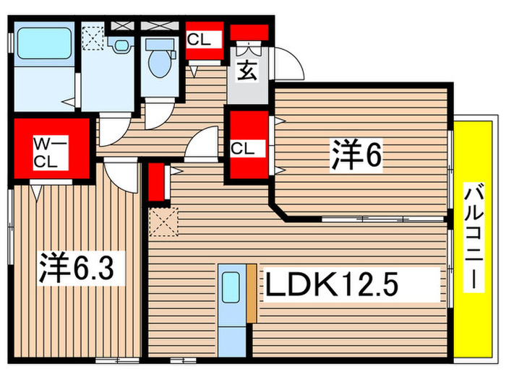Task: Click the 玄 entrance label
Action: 246,72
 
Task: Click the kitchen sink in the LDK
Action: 231,288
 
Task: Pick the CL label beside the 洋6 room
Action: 242,149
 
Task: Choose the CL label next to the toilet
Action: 199,40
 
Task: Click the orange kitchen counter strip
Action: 251,292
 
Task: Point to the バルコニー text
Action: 474,238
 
